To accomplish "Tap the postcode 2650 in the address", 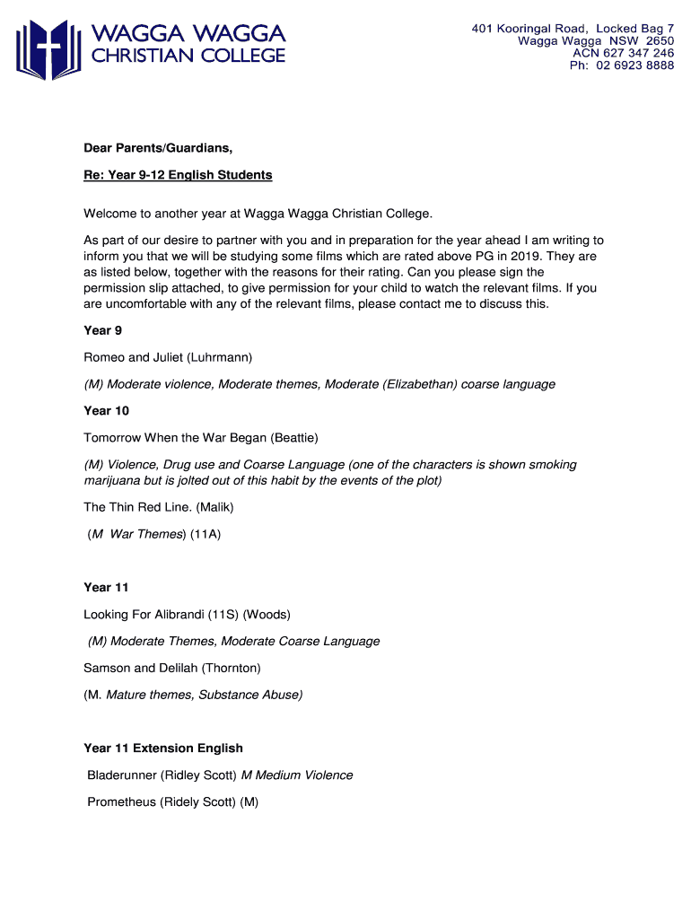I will pyautogui.click(x=659, y=41).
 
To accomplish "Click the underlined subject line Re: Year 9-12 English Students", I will pyautogui.click(x=178, y=175).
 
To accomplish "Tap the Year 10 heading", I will pyautogui.click(x=107, y=411).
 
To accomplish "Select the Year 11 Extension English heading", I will pyautogui.click(x=163, y=748).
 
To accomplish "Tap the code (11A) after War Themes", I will pyautogui.click(x=206, y=534).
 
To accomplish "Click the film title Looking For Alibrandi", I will pyautogui.click(x=143, y=615).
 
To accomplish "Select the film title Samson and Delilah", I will pyautogui.click(x=140, y=669).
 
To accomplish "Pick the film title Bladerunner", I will pyautogui.click(x=121, y=775).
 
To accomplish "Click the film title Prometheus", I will pyautogui.click(x=121, y=802).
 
